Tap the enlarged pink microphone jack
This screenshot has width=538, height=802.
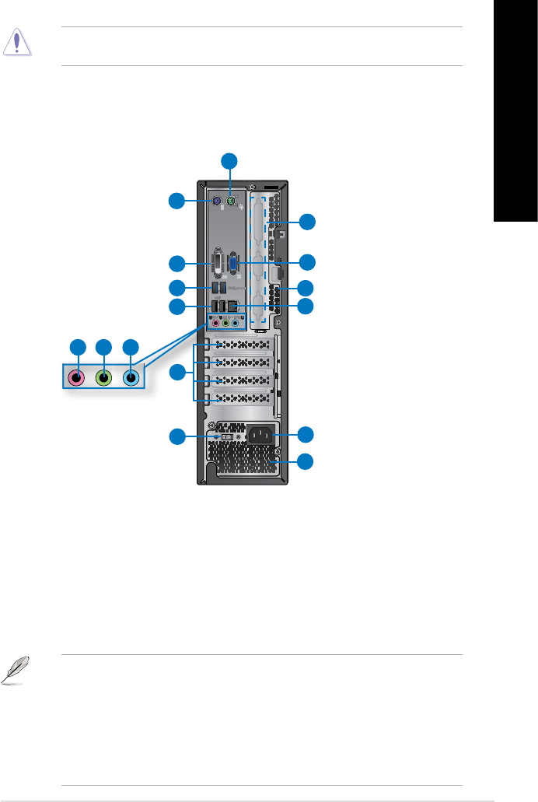[76, 378]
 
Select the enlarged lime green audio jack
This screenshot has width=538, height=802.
[103, 378]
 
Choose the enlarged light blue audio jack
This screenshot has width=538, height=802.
[131, 378]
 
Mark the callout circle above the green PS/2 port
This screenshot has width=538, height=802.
[229, 161]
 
